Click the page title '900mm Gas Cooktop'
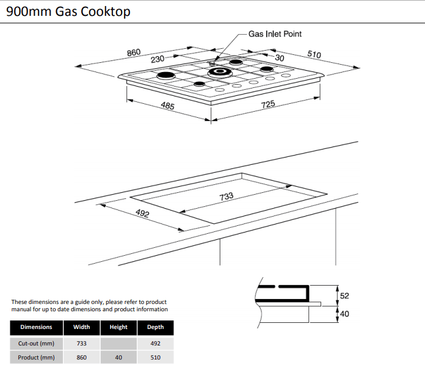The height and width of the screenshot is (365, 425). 68,12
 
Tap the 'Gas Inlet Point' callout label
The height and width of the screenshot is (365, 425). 275,34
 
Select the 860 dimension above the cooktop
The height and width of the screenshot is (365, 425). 134,52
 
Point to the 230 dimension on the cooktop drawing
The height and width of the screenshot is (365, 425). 158,60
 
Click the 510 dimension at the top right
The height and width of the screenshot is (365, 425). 313,55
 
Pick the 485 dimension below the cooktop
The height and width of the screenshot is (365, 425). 167,106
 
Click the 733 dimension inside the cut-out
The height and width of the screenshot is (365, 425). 226,197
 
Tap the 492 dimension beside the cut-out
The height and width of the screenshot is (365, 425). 142,215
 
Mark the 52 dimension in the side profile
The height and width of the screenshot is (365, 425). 344,296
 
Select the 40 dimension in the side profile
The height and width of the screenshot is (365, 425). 344,314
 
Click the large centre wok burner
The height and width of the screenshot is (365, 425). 219,73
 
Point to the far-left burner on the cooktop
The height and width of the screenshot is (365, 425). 165,76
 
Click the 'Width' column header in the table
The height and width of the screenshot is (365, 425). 82,327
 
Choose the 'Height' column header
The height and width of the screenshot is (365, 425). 118,327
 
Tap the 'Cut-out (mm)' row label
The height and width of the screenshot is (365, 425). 37,343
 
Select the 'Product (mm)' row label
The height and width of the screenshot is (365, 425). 37,358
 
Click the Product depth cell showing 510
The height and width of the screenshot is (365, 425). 155,358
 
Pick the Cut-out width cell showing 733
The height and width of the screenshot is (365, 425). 82,343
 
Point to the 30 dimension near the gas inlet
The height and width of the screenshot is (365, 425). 280,58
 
